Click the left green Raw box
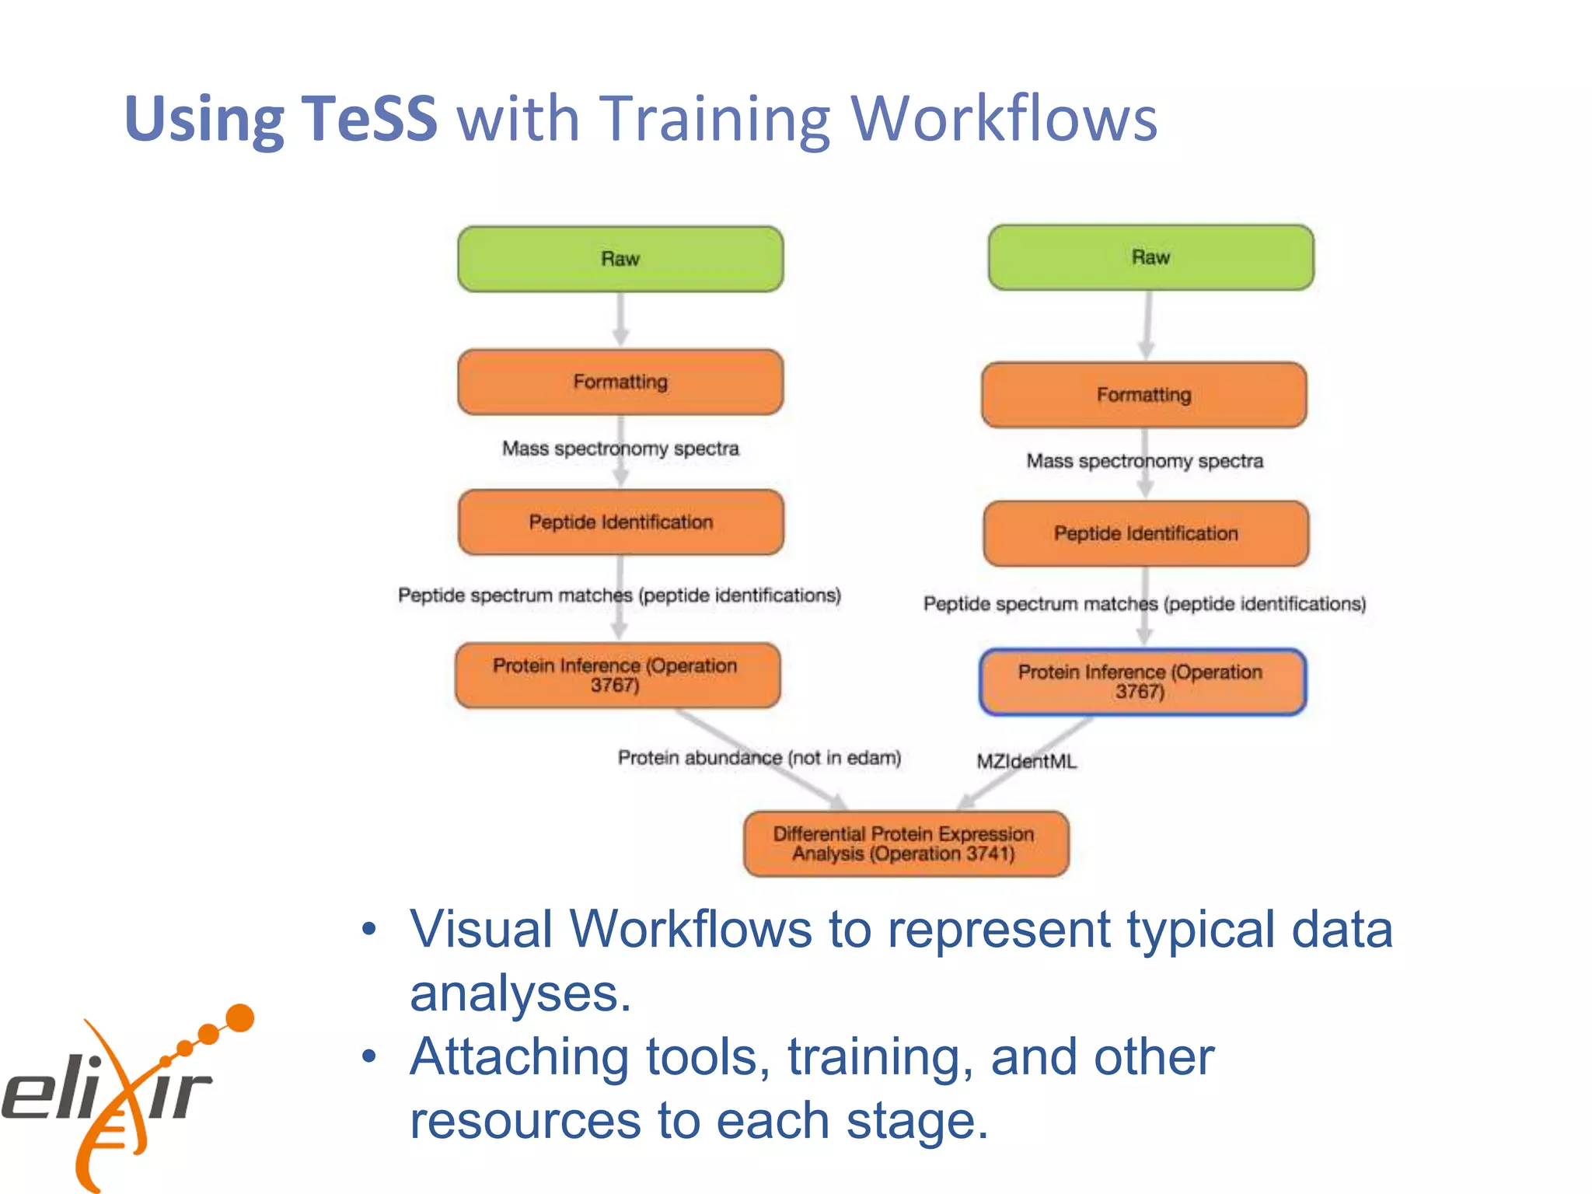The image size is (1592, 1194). [x=620, y=259]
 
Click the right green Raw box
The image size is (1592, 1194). [x=1150, y=257]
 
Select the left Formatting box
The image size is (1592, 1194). [x=620, y=382]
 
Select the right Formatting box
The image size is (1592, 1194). [x=1143, y=395]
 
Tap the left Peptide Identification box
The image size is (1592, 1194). [x=620, y=522]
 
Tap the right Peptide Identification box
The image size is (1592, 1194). [x=1146, y=533]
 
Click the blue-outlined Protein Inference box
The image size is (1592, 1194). [x=1142, y=682]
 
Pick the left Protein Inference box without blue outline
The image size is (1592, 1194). [x=617, y=675]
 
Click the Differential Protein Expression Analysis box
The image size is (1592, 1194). [x=906, y=843]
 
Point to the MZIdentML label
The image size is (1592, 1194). [x=1026, y=761]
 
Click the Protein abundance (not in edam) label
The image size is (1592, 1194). [x=759, y=757]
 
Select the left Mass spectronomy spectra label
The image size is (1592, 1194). [x=620, y=449]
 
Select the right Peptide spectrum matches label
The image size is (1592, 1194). [x=1144, y=604]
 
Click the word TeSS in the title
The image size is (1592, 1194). [x=368, y=118]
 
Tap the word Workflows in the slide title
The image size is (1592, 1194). [x=1004, y=118]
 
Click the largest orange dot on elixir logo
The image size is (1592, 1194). [x=239, y=1018]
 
